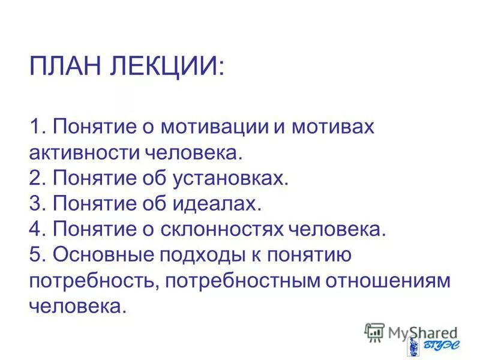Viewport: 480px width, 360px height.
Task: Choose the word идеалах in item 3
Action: pyautogui.click(x=217, y=204)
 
